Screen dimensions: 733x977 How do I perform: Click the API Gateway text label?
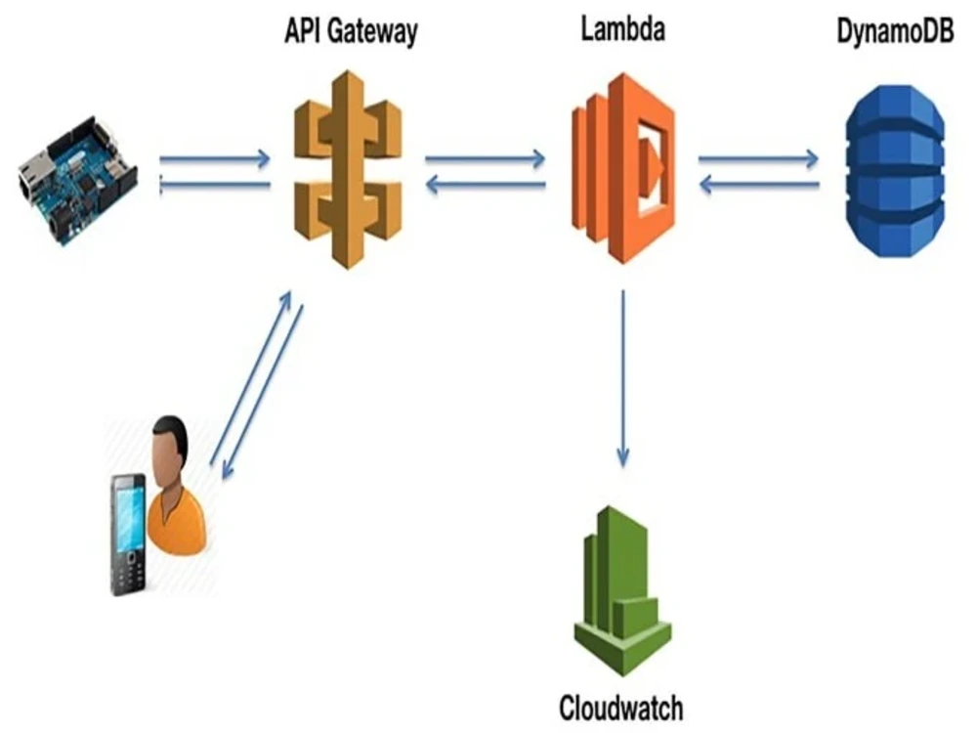tap(350, 31)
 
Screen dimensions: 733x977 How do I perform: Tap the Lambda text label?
tap(622, 29)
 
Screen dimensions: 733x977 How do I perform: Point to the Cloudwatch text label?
tap(620, 707)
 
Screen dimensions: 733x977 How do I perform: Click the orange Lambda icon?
tap(622, 168)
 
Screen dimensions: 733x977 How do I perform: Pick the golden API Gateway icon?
tap(348, 168)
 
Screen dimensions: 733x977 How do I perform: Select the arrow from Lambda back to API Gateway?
tap(485, 185)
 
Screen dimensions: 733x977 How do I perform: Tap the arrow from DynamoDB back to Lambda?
tap(758, 185)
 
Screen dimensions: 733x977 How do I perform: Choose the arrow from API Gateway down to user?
tap(264, 391)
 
